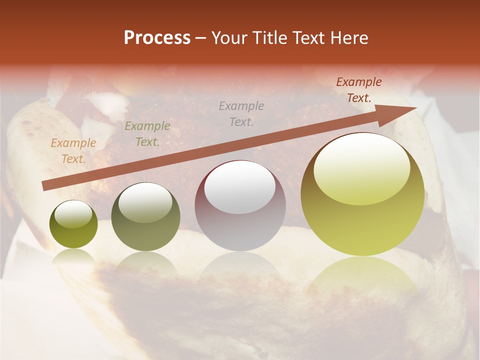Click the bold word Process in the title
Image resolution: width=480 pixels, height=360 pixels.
coord(157,38)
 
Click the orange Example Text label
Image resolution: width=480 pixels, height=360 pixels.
coord(73,151)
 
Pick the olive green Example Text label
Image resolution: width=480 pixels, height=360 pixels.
coord(147,134)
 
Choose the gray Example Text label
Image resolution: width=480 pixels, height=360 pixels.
coord(241,113)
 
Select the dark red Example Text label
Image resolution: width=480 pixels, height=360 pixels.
coord(359,90)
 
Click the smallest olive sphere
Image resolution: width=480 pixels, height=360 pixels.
coord(73,224)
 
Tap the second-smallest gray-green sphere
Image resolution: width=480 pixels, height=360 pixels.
coord(145,217)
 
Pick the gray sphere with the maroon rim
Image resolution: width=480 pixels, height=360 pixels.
coord(240,206)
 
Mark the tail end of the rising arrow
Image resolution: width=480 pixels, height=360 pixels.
coord(43,186)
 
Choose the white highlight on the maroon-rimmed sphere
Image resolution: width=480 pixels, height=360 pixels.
coord(240,187)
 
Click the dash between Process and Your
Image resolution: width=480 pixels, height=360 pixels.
coord(201,38)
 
